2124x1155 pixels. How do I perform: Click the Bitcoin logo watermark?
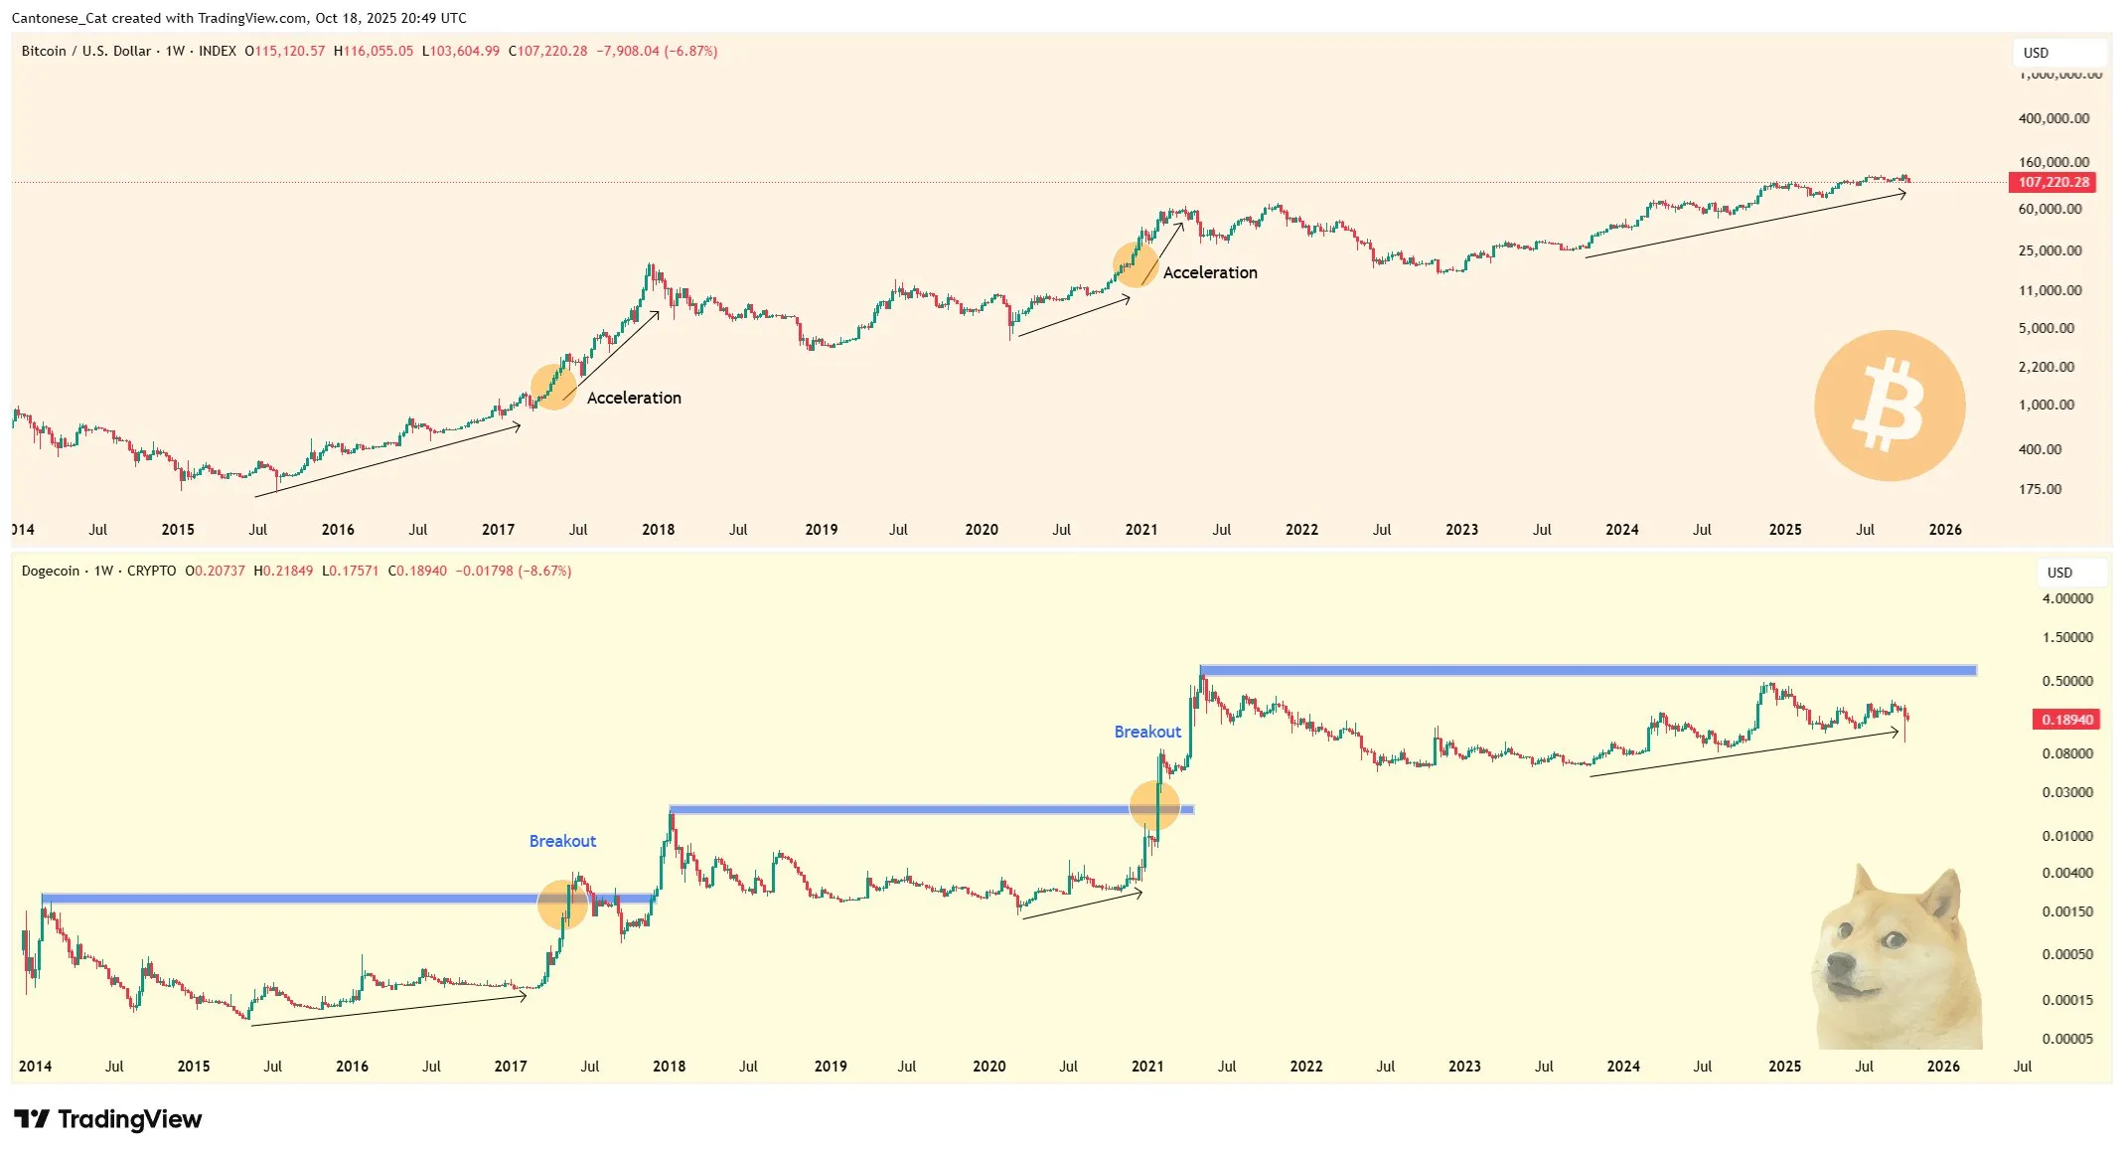(x=1889, y=406)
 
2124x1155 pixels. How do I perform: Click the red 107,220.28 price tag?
(x=2052, y=182)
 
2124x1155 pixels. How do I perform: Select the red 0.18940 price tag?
(x=2066, y=720)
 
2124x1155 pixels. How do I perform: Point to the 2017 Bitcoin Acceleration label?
(x=634, y=398)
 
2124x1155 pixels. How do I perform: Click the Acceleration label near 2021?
(x=1209, y=272)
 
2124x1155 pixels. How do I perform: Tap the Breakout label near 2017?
(x=562, y=841)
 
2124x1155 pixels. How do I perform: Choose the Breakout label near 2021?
(x=1147, y=732)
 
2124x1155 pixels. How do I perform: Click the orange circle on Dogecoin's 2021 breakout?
(x=1154, y=805)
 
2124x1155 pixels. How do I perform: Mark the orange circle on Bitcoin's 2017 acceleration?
(x=553, y=387)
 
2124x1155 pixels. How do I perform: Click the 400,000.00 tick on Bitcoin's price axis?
(x=2053, y=118)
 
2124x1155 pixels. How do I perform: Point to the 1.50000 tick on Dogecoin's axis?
(x=2066, y=637)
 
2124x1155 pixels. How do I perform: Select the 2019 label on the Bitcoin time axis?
(x=821, y=530)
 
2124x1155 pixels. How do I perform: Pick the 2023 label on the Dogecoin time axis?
(x=1464, y=1067)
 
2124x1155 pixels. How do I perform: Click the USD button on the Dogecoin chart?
(x=2060, y=573)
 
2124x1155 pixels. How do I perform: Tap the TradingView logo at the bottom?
(x=108, y=1119)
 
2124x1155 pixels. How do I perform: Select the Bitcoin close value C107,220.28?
(x=548, y=51)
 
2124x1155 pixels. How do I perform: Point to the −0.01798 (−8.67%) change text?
(x=514, y=572)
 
